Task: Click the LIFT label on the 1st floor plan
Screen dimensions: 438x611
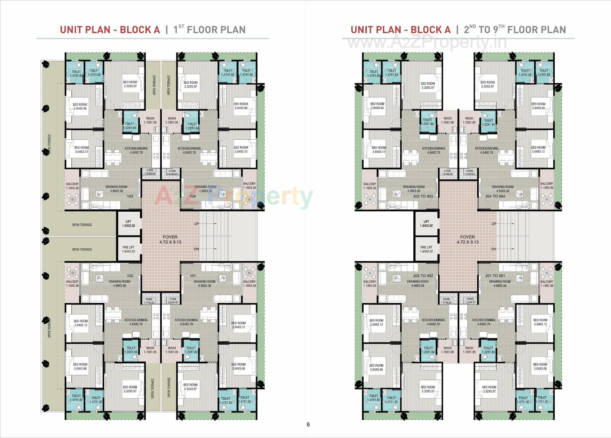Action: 129,222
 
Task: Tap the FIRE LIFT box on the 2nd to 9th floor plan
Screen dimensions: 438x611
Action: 426,249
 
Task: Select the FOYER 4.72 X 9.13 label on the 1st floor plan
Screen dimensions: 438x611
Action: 170,239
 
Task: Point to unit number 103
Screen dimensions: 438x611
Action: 130,196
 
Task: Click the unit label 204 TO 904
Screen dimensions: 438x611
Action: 495,196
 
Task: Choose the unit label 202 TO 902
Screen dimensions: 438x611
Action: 423,276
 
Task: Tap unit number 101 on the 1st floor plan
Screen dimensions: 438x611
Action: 193,276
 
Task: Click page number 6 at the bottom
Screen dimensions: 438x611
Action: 308,424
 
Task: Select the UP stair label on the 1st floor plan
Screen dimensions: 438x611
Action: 196,224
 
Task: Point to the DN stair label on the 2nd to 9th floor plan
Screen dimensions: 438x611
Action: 494,249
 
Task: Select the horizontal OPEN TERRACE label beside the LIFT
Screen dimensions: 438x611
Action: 82,225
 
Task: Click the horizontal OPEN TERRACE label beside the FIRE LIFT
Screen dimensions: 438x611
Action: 82,250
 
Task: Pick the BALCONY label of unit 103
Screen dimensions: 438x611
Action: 72,186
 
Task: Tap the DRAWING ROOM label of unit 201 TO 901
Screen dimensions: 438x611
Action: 500,284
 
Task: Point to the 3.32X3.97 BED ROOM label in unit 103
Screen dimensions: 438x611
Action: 130,84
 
